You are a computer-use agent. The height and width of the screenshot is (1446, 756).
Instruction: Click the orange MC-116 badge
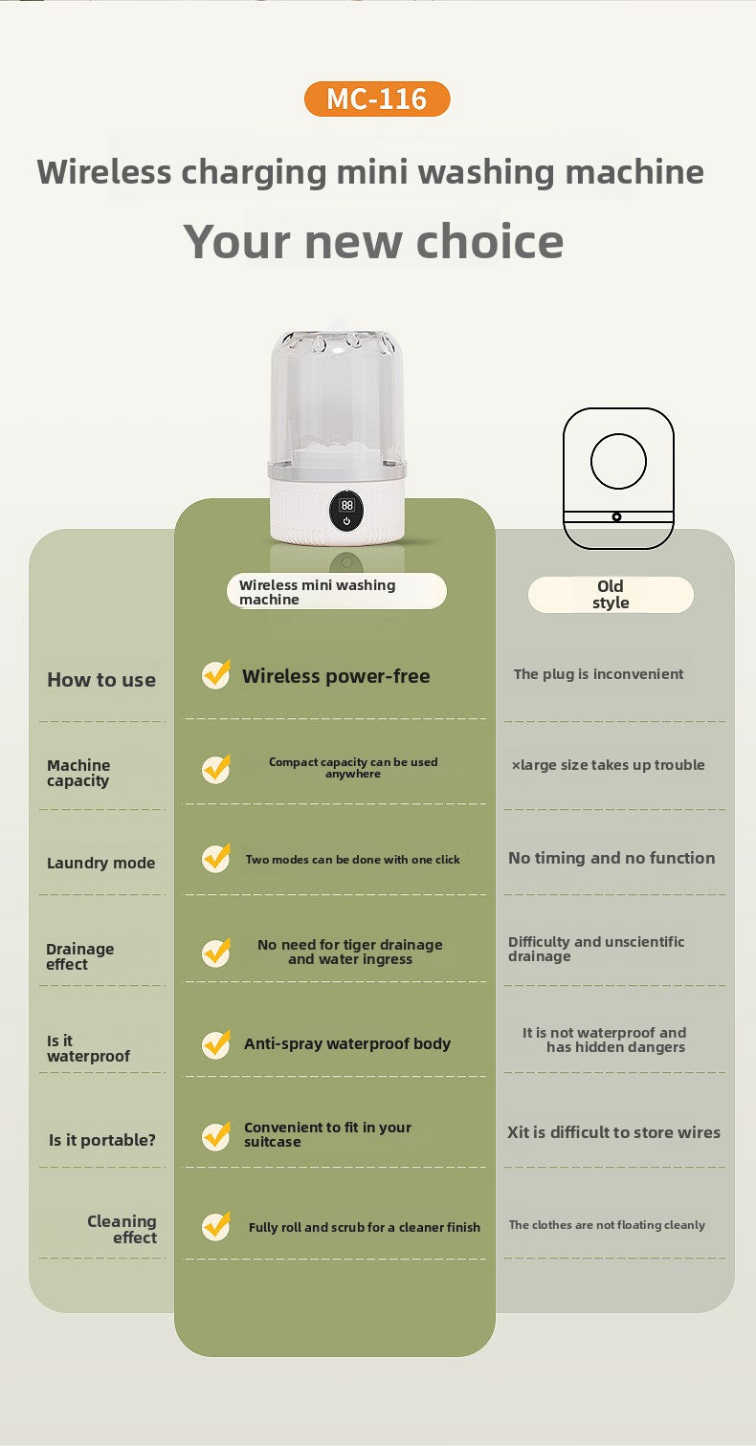(x=377, y=99)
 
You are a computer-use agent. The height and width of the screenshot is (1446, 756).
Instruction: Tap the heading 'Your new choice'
(x=373, y=241)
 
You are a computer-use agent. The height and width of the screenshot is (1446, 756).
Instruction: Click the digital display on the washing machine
(x=346, y=512)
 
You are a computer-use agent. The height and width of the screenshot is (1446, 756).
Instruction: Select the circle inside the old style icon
(x=618, y=461)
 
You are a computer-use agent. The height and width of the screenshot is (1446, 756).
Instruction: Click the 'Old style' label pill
(x=611, y=595)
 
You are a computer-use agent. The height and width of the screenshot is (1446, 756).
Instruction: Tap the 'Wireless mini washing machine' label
(x=337, y=591)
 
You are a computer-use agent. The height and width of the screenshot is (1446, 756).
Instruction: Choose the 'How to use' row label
(x=101, y=680)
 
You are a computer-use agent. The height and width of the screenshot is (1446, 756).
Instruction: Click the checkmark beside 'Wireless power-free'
(x=216, y=674)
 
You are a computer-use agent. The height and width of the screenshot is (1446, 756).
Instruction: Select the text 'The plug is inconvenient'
(x=598, y=674)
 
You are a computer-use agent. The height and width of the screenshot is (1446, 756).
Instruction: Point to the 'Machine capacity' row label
(x=78, y=773)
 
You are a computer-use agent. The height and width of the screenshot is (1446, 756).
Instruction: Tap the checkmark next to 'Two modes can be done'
(x=216, y=859)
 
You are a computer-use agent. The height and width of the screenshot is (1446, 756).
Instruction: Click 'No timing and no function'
(x=611, y=858)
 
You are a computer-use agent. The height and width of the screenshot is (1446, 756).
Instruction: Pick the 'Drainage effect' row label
(x=80, y=956)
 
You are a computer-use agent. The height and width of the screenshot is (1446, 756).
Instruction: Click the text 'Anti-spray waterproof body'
(x=347, y=1043)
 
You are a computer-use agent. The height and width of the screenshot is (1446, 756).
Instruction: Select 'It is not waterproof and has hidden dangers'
(x=604, y=1040)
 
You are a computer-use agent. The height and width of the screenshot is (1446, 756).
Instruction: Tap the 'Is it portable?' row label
(x=102, y=1140)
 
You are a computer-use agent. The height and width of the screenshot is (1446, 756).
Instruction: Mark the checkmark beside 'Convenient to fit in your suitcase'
(x=216, y=1136)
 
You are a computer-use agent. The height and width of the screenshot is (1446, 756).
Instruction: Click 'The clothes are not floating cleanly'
(x=607, y=1224)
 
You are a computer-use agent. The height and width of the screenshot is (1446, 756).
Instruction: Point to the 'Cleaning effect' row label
(x=122, y=1229)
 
